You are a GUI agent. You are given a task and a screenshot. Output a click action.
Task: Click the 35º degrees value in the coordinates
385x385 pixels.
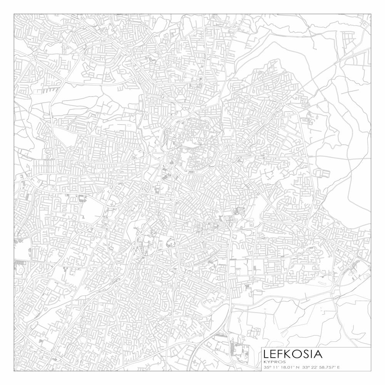267,367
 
